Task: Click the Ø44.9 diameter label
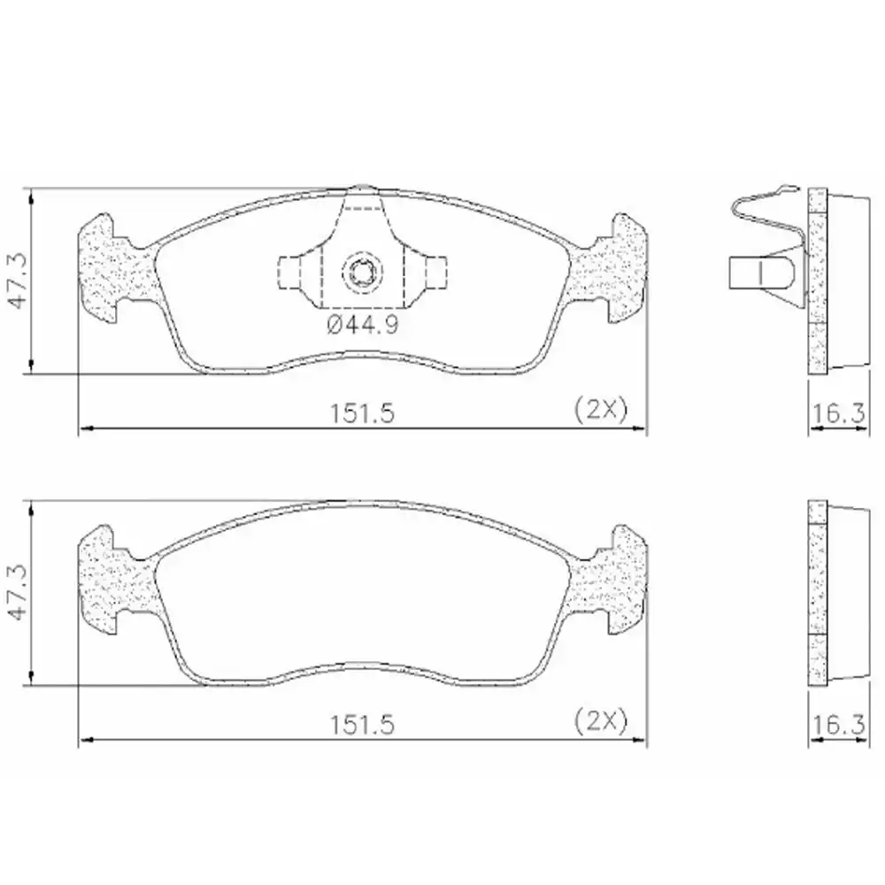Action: (x=363, y=325)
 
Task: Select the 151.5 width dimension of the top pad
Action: (x=360, y=412)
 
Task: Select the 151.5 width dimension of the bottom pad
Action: (x=360, y=723)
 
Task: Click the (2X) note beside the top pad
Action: (x=600, y=409)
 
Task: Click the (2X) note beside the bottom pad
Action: (x=600, y=720)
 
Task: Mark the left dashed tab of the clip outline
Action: (x=290, y=272)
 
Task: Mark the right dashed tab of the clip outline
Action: (x=434, y=272)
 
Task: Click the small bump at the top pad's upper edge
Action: (x=362, y=189)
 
